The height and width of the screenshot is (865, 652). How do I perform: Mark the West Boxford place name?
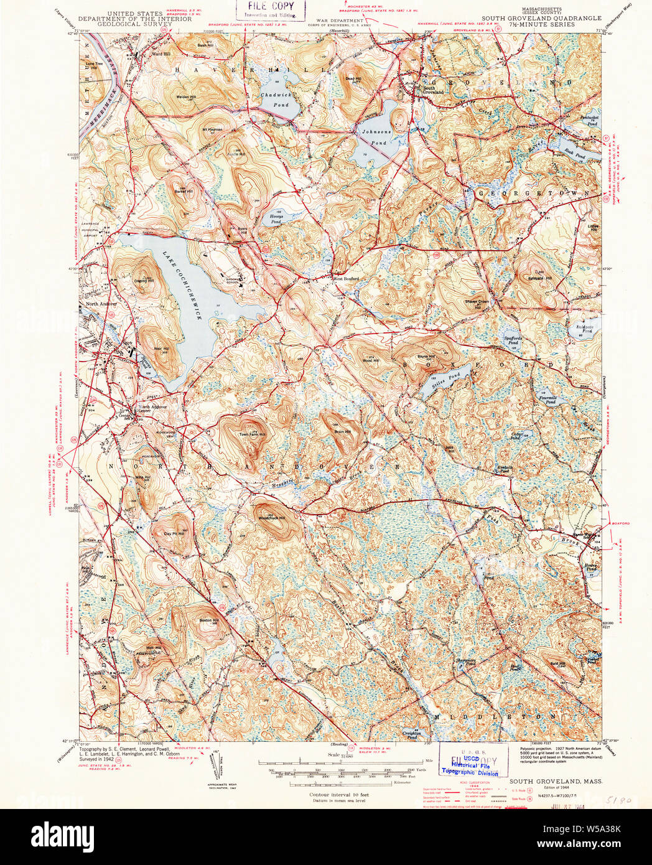click(347, 279)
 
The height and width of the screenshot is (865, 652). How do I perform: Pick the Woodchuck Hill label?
click(272, 518)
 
